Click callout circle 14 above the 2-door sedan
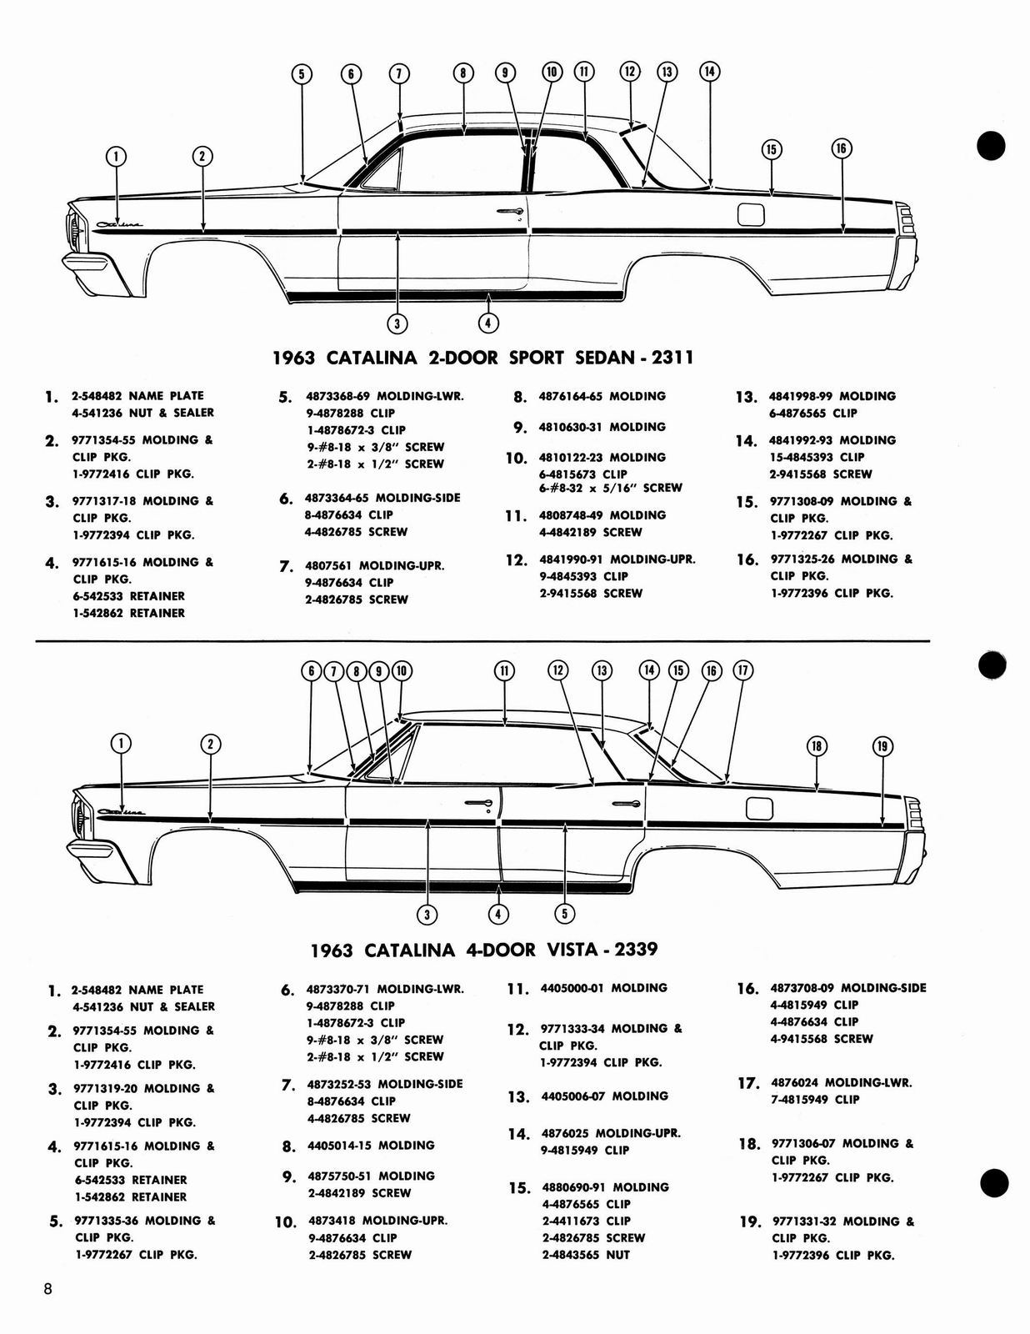pos(709,72)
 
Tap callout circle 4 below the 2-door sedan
pos(489,323)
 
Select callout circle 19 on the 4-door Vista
pos(882,746)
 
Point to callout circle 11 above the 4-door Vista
pos(504,670)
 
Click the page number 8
pos(48,1289)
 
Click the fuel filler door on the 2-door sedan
pos(751,214)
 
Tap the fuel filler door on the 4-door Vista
pos(759,808)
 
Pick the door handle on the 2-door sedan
pos(509,211)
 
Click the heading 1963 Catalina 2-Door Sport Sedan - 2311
pos(483,359)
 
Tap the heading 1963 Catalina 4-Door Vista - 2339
pos(483,950)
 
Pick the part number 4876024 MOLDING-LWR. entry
pos(842,1083)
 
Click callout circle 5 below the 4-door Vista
pos(564,914)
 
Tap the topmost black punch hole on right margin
pos(992,146)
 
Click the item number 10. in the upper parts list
pos(516,459)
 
